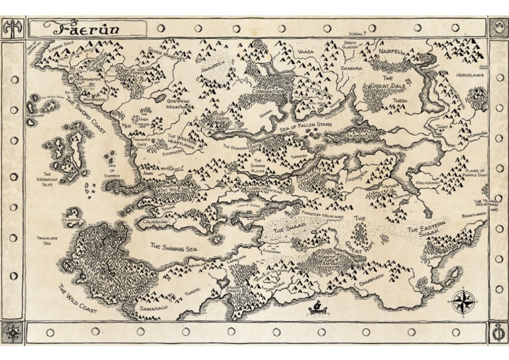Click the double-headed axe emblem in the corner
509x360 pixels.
click(x=11, y=28)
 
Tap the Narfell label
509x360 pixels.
click(x=392, y=50)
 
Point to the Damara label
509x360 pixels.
click(x=351, y=68)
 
